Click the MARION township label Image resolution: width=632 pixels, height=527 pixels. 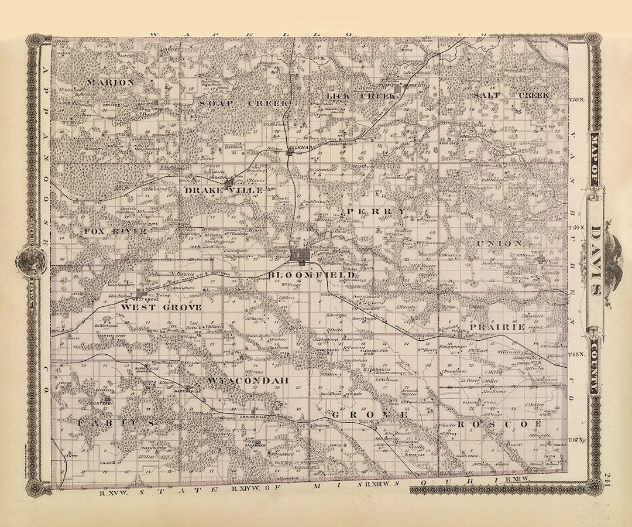(111, 83)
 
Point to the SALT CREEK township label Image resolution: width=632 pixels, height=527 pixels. (511, 95)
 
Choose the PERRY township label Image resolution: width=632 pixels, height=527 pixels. (375, 211)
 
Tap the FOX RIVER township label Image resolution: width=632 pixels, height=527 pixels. (114, 231)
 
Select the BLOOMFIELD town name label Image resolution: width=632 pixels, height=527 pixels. (311, 274)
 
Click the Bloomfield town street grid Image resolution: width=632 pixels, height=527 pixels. (299, 255)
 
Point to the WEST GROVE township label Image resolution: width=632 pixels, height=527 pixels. (162, 307)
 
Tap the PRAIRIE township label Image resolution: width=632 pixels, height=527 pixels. (500, 327)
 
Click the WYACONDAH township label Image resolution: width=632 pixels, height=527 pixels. (249, 381)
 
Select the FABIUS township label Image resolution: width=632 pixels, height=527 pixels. (117, 422)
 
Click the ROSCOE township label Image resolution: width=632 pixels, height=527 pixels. (500, 423)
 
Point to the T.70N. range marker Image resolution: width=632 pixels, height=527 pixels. (576, 100)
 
